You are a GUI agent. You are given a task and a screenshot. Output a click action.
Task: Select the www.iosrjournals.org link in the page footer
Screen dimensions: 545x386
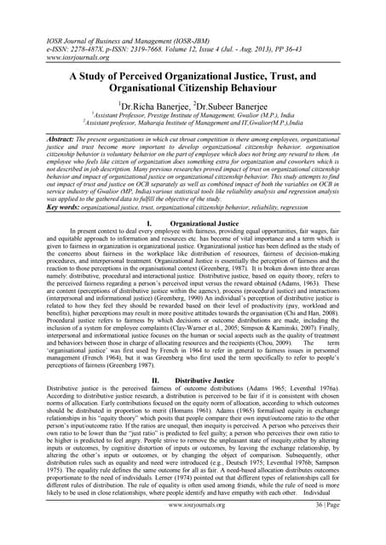pyautogui.click(x=193, y=528)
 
